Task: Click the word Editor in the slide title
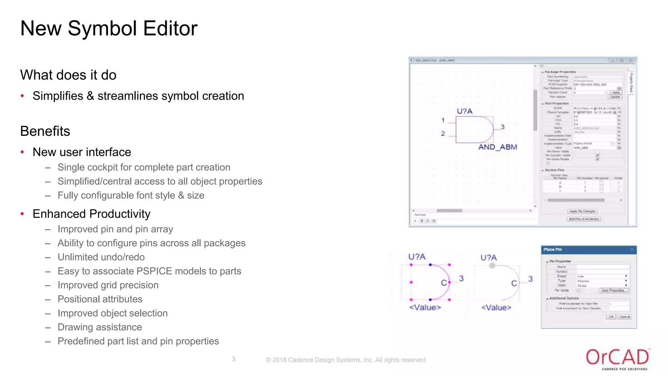[x=170, y=28]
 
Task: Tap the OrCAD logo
[x=617, y=358]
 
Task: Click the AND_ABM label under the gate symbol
[x=497, y=147]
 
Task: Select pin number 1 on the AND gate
[x=443, y=120]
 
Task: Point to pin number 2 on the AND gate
[x=443, y=133]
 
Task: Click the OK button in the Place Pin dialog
[x=611, y=317]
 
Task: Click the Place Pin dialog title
[x=553, y=249]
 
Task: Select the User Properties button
[x=613, y=290]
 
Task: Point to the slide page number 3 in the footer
[x=234, y=359]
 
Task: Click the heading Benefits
[x=45, y=131]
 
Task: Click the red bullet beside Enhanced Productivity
[x=23, y=214]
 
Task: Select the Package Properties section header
[x=560, y=72]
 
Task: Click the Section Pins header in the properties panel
[x=554, y=170]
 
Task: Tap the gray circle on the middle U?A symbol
[x=492, y=266]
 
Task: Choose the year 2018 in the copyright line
[x=279, y=360]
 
